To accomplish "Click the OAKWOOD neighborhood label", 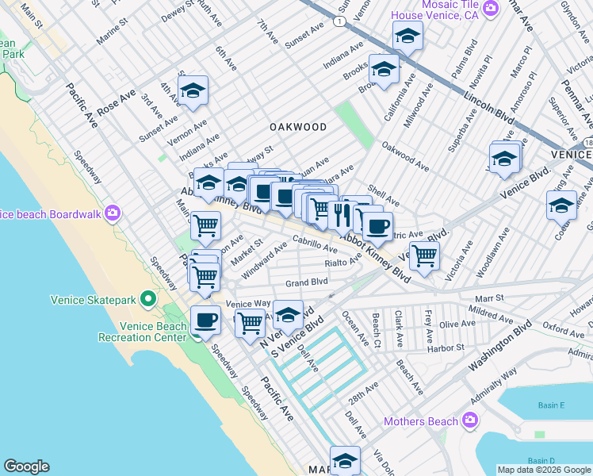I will (298, 127).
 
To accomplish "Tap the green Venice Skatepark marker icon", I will (147, 300).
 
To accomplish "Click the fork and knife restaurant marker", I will (342, 213).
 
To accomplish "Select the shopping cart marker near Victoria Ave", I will (425, 255).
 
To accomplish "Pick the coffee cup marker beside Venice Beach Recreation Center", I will (206, 320).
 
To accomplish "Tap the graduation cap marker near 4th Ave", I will (193, 92).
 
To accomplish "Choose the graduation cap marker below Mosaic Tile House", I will (407, 36).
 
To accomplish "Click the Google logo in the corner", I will (26, 466).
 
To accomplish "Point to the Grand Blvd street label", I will (307, 282).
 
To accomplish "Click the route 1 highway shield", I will (339, 21).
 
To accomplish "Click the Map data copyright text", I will (544, 470).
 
